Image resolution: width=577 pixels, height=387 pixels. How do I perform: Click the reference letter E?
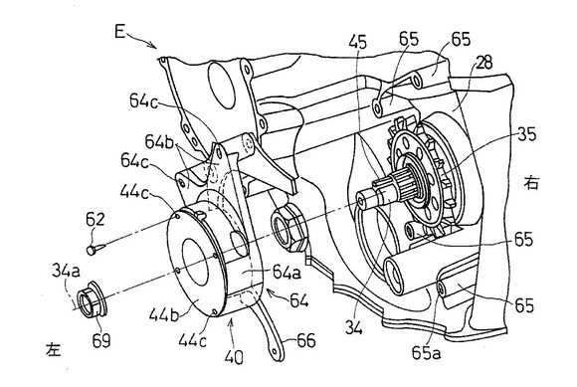(120, 32)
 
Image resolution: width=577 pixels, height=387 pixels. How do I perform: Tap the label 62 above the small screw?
(95, 220)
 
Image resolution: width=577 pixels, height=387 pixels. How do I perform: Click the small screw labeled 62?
(96, 249)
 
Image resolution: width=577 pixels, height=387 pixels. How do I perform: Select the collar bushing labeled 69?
(92, 298)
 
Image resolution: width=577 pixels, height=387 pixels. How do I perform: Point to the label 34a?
(66, 272)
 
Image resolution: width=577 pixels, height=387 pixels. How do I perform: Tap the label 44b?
(163, 315)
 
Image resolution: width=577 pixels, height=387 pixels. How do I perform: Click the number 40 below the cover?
(234, 356)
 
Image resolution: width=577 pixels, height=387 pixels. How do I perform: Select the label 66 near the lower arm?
(305, 340)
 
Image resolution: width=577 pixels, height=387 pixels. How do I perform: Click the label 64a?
(287, 273)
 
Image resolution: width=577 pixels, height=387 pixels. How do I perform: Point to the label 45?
(358, 43)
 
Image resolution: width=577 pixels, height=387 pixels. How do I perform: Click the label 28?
(484, 63)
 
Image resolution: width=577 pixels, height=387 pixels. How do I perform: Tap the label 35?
(527, 134)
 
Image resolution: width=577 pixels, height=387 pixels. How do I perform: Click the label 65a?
(426, 353)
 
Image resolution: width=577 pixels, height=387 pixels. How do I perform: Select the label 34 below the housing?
(354, 326)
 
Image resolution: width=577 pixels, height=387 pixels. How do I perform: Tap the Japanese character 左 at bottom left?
(53, 349)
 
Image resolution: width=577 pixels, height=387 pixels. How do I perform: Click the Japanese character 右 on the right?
(531, 183)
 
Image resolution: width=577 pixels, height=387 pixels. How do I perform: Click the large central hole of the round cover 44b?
(195, 262)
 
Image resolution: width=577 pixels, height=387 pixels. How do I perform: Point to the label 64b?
(159, 142)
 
